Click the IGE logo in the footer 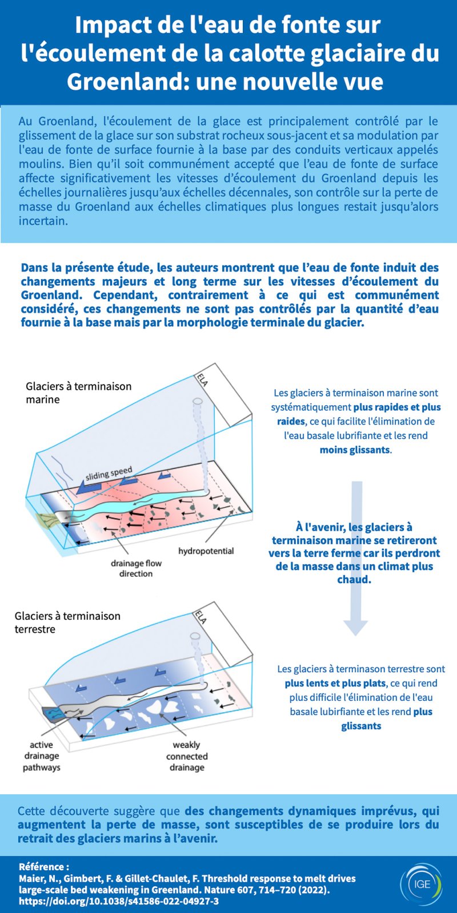click(x=422, y=884)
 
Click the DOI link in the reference click(x=119, y=902)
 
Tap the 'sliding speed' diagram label click(x=109, y=474)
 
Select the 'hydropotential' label click(x=206, y=551)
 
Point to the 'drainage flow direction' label click(x=136, y=568)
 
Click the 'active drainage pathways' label click(x=41, y=756)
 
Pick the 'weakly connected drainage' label click(x=187, y=756)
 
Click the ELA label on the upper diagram click(x=202, y=379)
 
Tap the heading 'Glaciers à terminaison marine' click(x=78, y=393)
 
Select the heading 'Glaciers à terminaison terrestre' click(x=67, y=623)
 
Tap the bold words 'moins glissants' click(x=355, y=450)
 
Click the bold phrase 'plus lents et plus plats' click(x=335, y=683)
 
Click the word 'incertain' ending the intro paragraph click(x=42, y=221)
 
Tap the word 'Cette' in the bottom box click(x=33, y=811)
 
